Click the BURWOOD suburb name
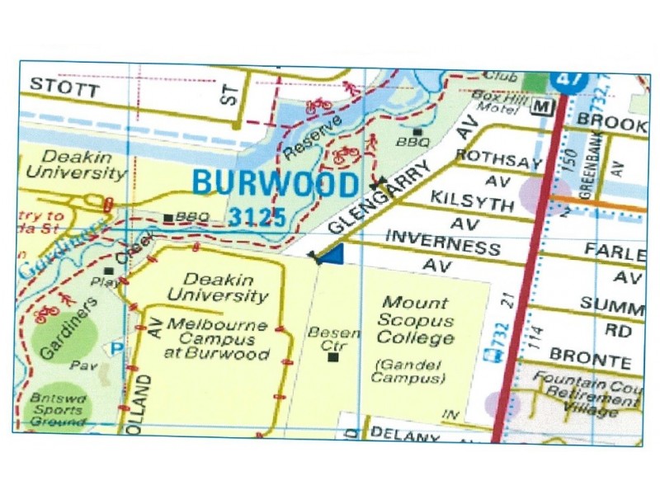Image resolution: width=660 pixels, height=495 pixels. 276,183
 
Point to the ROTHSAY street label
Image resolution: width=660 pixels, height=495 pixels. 497,159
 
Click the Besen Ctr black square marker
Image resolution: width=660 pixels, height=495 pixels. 333,357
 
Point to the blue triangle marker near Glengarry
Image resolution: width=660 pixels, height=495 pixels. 330,257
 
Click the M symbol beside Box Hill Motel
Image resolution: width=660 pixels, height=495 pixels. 541,107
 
